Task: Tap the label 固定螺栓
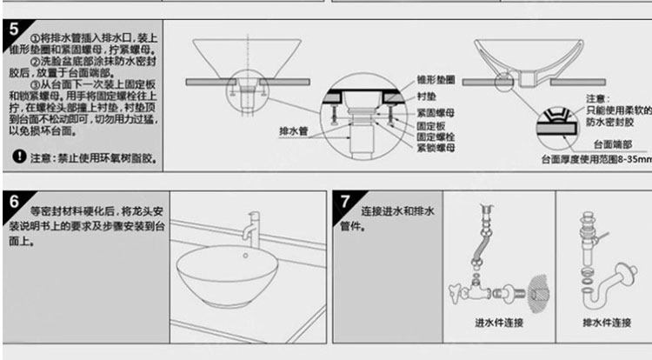click(435, 137)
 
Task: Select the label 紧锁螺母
click(435, 148)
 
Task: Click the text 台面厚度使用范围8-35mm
click(594, 160)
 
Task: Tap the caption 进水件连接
click(499, 323)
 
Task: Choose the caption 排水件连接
click(606, 323)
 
